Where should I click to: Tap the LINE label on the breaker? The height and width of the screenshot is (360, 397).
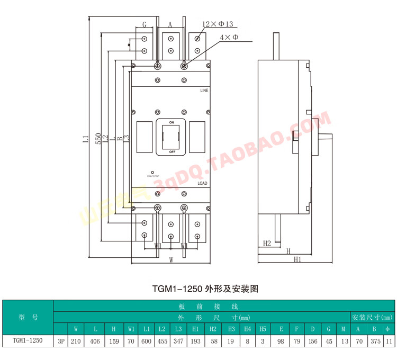(204, 91)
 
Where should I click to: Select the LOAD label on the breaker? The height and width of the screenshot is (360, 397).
(202, 183)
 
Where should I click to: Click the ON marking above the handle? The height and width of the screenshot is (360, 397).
(171, 122)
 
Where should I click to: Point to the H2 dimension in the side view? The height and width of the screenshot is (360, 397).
(267, 244)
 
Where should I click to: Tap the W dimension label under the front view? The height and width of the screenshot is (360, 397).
(171, 260)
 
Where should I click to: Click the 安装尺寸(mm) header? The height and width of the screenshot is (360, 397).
(372, 318)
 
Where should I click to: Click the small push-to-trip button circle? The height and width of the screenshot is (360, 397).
(152, 172)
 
